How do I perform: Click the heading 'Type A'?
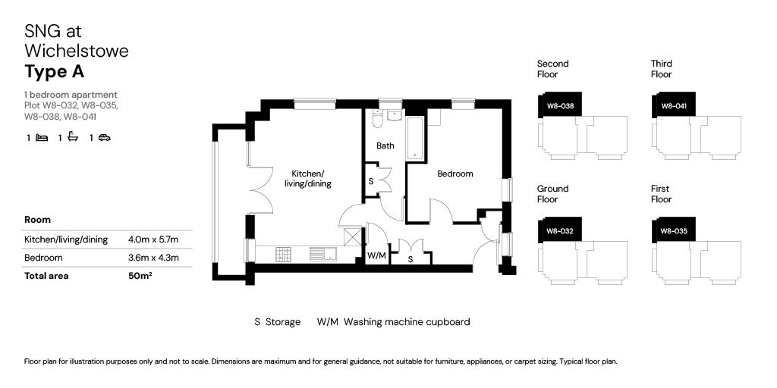point(54,73)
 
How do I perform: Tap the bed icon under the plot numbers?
point(42,138)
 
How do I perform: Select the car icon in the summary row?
point(105,138)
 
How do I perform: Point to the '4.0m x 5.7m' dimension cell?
point(153,239)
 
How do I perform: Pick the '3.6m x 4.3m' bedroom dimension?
point(153,258)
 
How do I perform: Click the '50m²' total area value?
point(140,276)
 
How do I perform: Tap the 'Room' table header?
point(38,220)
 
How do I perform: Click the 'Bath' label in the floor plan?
point(385,145)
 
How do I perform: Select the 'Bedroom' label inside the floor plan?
point(455,174)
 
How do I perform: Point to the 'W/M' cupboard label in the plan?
point(376,256)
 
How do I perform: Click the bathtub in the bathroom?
point(415,138)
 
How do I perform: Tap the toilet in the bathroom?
point(377,122)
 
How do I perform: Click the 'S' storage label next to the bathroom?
point(370,182)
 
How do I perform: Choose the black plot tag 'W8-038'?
point(559,106)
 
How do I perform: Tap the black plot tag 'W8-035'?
point(673,230)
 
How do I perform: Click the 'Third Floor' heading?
point(661,69)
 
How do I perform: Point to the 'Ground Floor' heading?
point(552,194)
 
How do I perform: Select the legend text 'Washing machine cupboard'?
point(406,322)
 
